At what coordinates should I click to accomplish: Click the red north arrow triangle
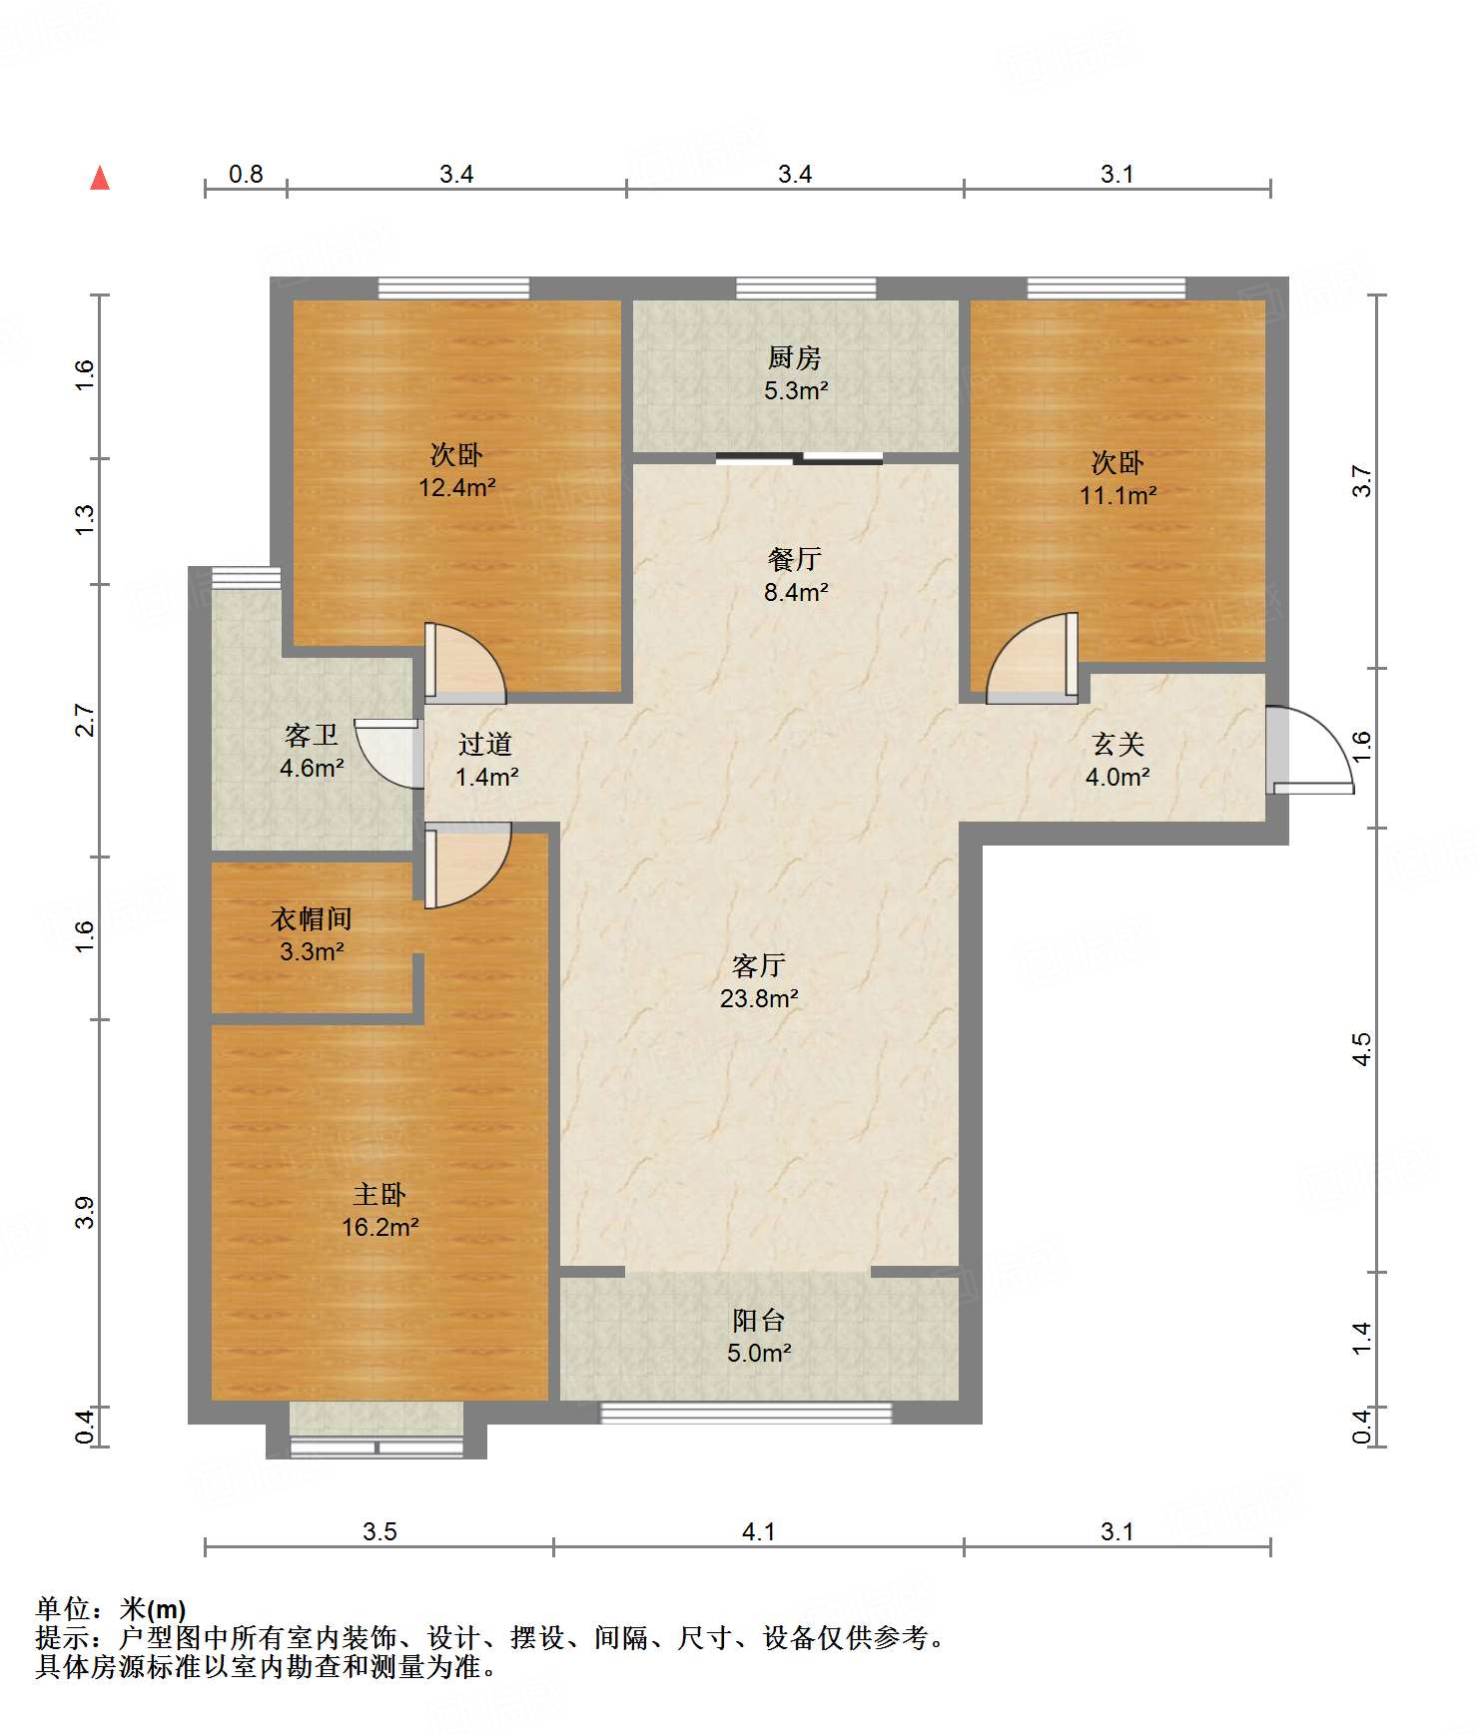[x=100, y=179]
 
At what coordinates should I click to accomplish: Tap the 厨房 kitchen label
[x=795, y=357]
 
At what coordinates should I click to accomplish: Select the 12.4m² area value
[x=457, y=488]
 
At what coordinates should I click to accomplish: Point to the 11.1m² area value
[x=1117, y=495]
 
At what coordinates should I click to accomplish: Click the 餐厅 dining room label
[x=795, y=559]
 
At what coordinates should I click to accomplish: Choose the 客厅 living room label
[x=759, y=965]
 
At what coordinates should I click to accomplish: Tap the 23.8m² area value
[x=759, y=998]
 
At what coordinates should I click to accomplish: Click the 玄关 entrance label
[x=1117, y=744]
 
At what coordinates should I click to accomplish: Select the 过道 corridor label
[x=485, y=744]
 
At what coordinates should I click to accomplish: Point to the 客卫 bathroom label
[x=312, y=736]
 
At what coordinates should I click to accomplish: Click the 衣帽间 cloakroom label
[x=312, y=919]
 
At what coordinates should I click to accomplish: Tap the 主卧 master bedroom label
[x=379, y=1195]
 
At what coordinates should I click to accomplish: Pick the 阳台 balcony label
[x=759, y=1321]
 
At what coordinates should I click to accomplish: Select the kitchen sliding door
[x=799, y=459]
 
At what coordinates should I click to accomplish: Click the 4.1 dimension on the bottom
[x=759, y=1531]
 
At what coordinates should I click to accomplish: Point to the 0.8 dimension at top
[x=246, y=175]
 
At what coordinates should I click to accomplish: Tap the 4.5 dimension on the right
[x=1362, y=1049]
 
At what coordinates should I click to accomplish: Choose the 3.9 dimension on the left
[x=85, y=1212]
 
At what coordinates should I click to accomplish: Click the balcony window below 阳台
[x=745, y=1413]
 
